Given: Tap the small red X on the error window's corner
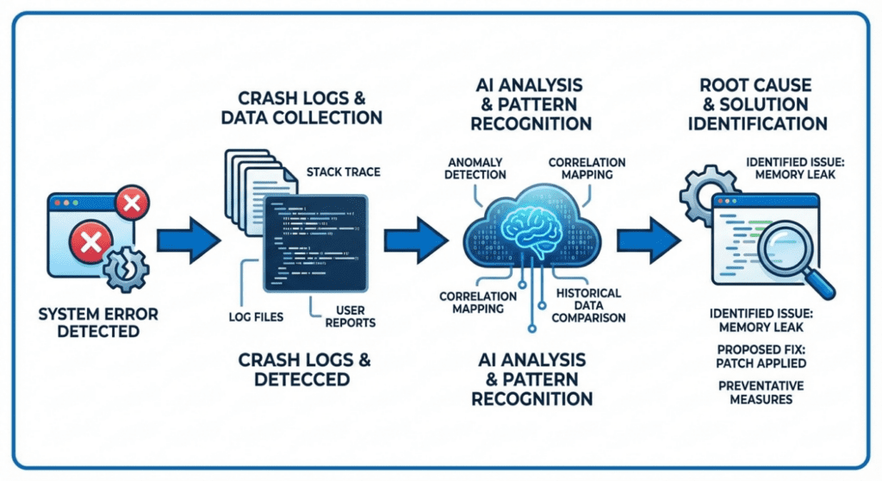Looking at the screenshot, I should point(131,204).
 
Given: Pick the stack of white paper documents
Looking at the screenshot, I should point(246,190).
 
